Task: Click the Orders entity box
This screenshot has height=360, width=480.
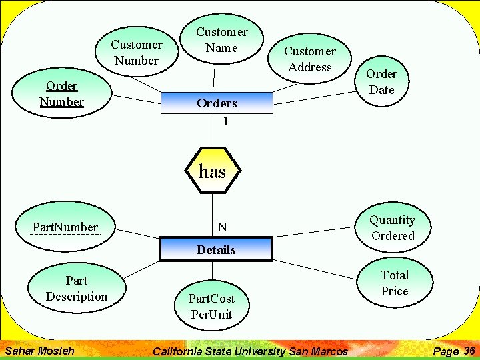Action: tap(217, 103)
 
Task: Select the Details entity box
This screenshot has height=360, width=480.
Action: tap(216, 250)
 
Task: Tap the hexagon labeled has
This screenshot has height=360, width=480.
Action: tap(212, 171)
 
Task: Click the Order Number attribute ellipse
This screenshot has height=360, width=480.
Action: tap(61, 94)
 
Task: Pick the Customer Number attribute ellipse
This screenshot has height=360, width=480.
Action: tap(136, 53)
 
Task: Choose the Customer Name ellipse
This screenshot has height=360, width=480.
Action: tap(221, 40)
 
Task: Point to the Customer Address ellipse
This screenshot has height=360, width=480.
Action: tap(309, 59)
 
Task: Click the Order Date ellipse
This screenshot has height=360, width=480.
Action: tap(381, 82)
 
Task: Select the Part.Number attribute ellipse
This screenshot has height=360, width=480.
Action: tap(65, 227)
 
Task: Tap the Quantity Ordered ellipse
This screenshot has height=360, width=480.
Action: tap(393, 228)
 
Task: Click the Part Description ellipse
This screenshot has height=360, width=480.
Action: tap(77, 289)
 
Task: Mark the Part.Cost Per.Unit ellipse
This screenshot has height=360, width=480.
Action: tap(211, 306)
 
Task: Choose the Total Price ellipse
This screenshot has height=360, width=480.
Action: tap(394, 283)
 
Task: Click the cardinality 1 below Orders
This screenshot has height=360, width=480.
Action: tap(226, 121)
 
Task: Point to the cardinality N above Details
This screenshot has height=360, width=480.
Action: tap(222, 227)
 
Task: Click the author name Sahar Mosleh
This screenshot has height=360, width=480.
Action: tap(39, 350)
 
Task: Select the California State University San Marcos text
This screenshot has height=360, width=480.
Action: tap(251, 351)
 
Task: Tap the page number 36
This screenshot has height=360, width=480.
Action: tap(469, 351)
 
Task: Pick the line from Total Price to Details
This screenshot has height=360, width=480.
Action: tap(313, 261)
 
